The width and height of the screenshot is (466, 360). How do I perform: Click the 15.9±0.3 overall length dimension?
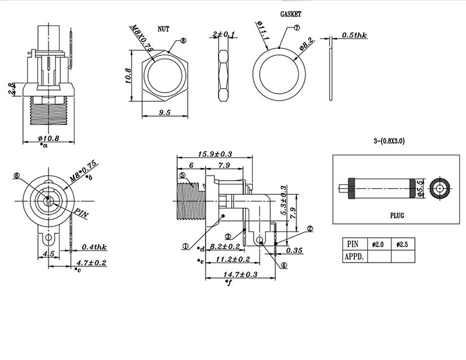pos(214,154)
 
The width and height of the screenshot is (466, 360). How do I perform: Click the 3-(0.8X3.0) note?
pos(389,142)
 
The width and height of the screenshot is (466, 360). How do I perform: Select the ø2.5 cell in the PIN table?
pos(403,243)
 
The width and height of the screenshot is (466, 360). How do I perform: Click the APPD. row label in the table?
pos(355,255)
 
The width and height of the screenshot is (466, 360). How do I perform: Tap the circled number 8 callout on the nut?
pos(182,41)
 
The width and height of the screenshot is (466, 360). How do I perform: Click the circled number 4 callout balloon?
pos(283,265)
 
